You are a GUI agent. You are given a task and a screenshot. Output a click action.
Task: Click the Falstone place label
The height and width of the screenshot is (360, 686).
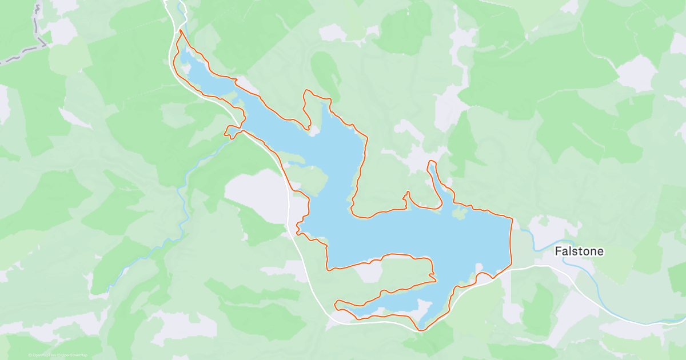[579, 251]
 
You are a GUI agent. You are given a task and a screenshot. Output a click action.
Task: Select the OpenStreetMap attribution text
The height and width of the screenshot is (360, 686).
[73, 355]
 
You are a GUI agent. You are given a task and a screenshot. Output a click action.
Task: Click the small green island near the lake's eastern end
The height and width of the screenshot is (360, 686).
[459, 214]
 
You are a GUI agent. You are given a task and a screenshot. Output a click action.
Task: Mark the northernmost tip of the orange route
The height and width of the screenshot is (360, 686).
[181, 30]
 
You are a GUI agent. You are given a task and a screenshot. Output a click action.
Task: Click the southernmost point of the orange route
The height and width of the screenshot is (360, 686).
[422, 330]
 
